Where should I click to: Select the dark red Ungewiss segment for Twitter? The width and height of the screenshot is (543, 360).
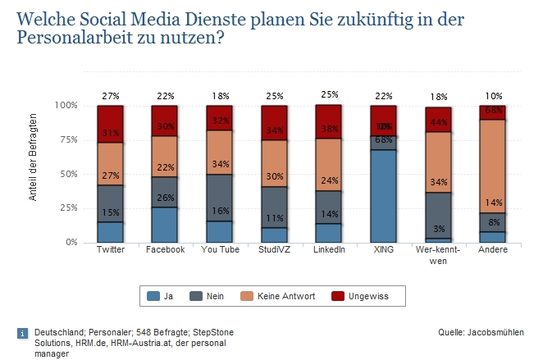click(x=110, y=123)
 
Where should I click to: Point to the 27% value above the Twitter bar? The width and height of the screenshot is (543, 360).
click(x=110, y=96)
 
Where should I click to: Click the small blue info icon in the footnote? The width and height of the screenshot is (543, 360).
click(x=22, y=333)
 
